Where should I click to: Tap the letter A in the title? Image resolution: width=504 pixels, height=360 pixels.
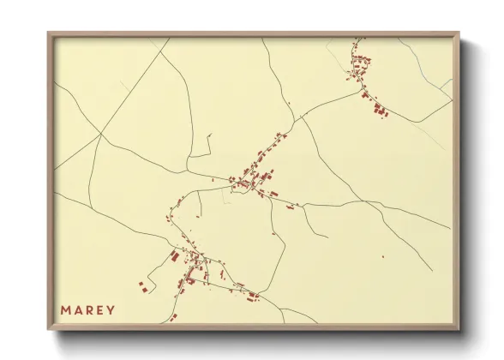tap(80, 309)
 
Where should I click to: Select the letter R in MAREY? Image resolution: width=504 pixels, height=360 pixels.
tap(92, 309)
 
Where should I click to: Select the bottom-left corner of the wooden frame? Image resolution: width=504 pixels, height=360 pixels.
tap(48, 331)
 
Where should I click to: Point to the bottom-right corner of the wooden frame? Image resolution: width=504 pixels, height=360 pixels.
tap(460, 331)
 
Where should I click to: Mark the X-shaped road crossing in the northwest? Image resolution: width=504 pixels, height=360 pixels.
tap(100, 134)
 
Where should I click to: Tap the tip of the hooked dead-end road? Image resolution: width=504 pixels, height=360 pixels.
tap(209, 134)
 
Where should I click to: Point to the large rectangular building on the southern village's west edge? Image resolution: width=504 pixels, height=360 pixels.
tap(174, 255)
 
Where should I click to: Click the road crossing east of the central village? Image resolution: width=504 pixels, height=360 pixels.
tap(303, 206)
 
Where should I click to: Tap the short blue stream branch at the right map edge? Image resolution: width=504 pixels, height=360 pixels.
tap(447, 84)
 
